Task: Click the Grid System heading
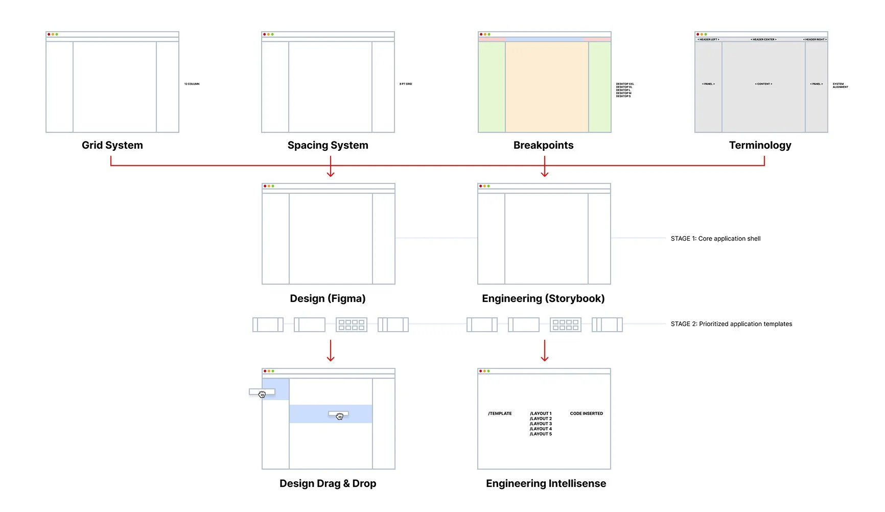tap(112, 145)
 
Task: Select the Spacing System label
tap(328, 145)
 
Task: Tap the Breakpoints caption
tap(543, 145)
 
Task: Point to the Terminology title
tap(760, 145)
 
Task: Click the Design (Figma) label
tap(328, 298)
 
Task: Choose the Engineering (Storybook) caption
tap(543, 298)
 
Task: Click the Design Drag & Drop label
tap(328, 483)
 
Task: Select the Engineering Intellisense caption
tap(546, 483)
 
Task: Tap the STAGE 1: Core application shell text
tap(715, 239)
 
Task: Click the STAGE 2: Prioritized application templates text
tap(731, 324)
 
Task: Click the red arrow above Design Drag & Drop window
tap(331, 351)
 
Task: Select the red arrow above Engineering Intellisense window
tap(545, 351)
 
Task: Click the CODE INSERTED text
tap(586, 413)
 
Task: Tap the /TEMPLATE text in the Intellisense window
tap(500, 413)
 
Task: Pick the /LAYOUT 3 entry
tap(541, 424)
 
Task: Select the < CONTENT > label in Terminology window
tap(763, 84)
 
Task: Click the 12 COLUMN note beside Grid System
tap(192, 84)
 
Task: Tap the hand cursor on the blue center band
tap(340, 416)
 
